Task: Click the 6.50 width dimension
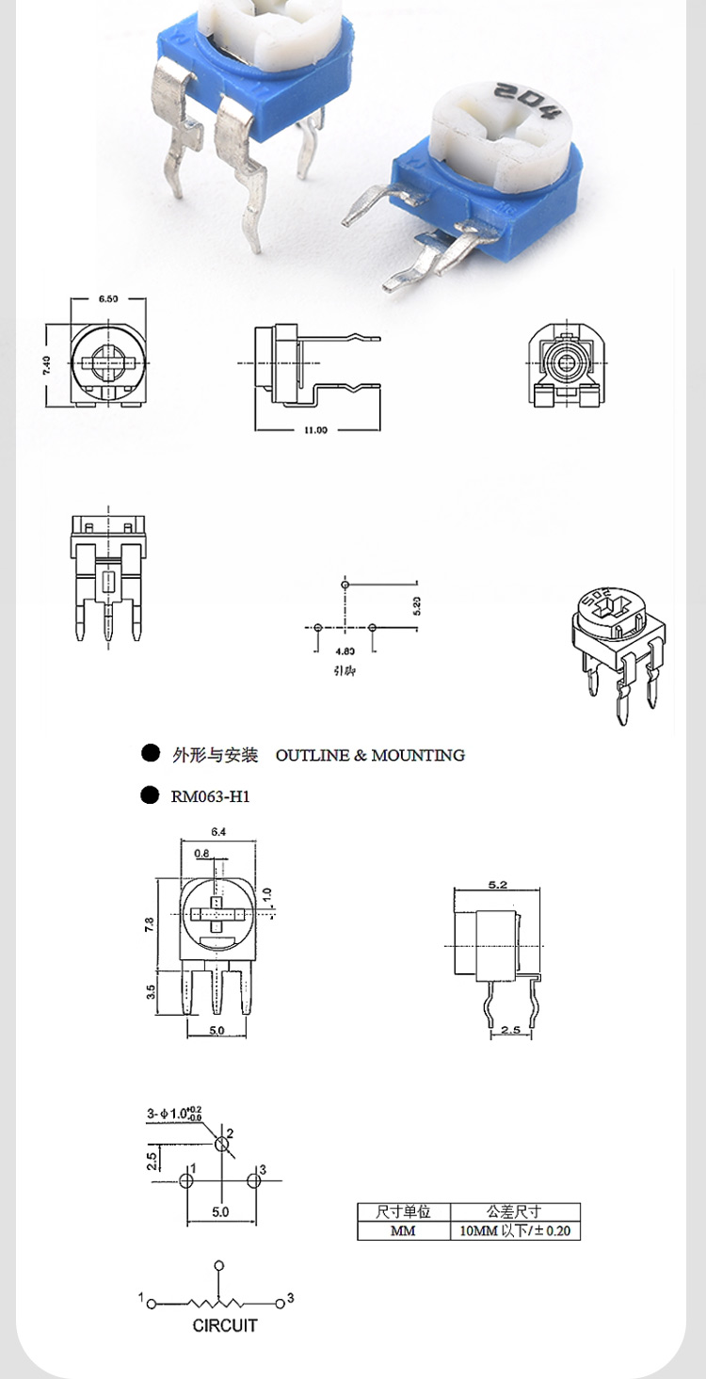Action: [x=108, y=299]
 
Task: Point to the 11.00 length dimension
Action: [x=315, y=430]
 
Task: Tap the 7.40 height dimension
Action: [x=47, y=365]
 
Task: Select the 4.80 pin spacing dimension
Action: [x=345, y=650]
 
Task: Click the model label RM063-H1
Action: [x=210, y=796]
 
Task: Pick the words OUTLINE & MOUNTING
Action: [x=370, y=755]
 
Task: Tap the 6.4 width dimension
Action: [x=218, y=831]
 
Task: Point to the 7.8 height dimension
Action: [x=149, y=924]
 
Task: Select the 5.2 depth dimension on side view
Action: [x=498, y=885]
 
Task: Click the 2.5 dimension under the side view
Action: [x=510, y=1031]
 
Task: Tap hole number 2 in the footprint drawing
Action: [x=222, y=1144]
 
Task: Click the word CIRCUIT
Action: [x=224, y=1325]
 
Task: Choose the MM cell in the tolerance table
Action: [x=403, y=1230]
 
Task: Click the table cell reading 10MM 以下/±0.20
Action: [x=515, y=1230]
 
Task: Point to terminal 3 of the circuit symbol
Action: [x=281, y=1304]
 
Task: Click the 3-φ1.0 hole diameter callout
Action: [x=174, y=1114]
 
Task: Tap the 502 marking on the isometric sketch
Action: [x=597, y=601]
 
